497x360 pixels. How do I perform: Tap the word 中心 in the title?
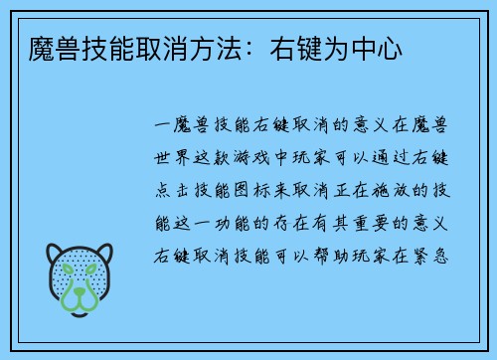(x=379, y=47)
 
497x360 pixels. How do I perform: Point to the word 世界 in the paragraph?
(x=173, y=157)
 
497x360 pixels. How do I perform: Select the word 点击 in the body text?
(x=173, y=188)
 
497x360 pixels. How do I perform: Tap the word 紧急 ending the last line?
(x=435, y=252)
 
